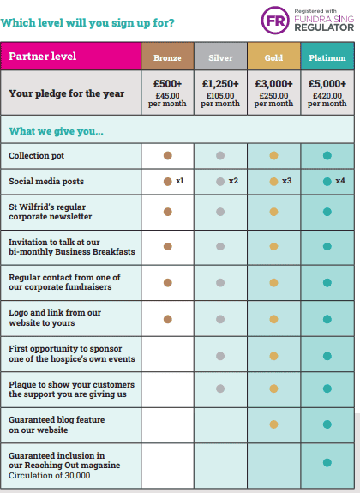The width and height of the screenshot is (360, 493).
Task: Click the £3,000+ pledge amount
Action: click(273, 84)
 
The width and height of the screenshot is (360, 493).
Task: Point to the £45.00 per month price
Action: click(167, 99)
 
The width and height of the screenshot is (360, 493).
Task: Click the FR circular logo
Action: click(275, 21)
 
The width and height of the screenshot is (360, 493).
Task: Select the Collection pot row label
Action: click(37, 156)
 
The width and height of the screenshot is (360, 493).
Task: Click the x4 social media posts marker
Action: click(340, 181)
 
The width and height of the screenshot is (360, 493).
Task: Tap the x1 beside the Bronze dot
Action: click(180, 181)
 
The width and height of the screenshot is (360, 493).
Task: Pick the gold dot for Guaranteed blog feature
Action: click(273, 424)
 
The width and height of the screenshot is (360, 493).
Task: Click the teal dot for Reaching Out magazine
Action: click(327, 462)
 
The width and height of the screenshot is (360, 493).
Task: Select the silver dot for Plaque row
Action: click(220, 388)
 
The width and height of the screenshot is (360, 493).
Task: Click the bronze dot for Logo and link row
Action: click(168, 320)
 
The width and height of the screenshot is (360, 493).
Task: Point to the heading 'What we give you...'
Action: click(56, 131)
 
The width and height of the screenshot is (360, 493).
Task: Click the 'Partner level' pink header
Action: click(71, 56)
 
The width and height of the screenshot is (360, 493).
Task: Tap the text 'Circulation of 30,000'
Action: click(50, 475)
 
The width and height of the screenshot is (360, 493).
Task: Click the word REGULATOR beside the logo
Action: click(324, 27)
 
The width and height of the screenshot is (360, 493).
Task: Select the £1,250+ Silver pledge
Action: click(220, 84)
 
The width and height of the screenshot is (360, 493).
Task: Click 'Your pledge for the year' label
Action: click(67, 93)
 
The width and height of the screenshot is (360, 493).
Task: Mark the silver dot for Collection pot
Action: click(220, 156)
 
